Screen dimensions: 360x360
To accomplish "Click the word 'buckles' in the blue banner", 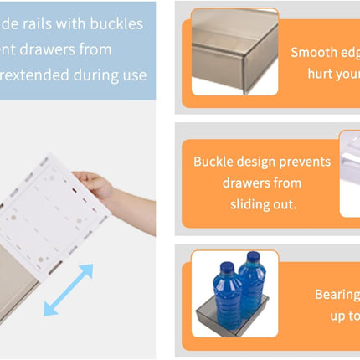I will (113, 23).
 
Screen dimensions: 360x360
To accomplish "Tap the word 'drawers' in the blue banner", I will (43, 49).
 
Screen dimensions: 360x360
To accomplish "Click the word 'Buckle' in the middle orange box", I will (215, 162).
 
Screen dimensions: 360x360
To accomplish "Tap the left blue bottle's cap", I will (227, 268).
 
